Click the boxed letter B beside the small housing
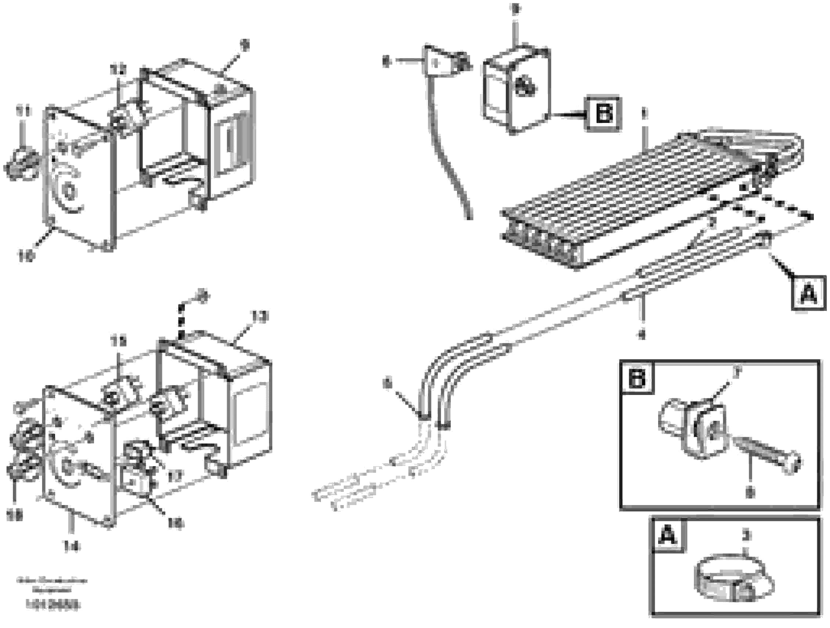[603, 114]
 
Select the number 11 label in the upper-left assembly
[23, 111]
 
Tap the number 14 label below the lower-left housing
[72, 547]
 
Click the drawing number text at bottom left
[53, 605]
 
